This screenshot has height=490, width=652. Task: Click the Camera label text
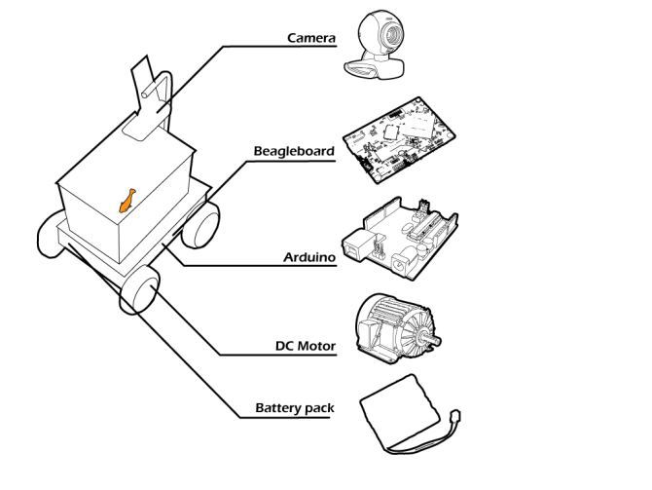pos(310,39)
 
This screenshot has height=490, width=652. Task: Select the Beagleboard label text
pos(294,151)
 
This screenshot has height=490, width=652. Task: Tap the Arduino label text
pos(308,258)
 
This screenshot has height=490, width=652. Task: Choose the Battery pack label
pos(295,408)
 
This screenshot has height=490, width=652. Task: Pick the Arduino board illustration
pos(399,240)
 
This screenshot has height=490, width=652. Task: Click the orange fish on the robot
pos(126,200)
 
